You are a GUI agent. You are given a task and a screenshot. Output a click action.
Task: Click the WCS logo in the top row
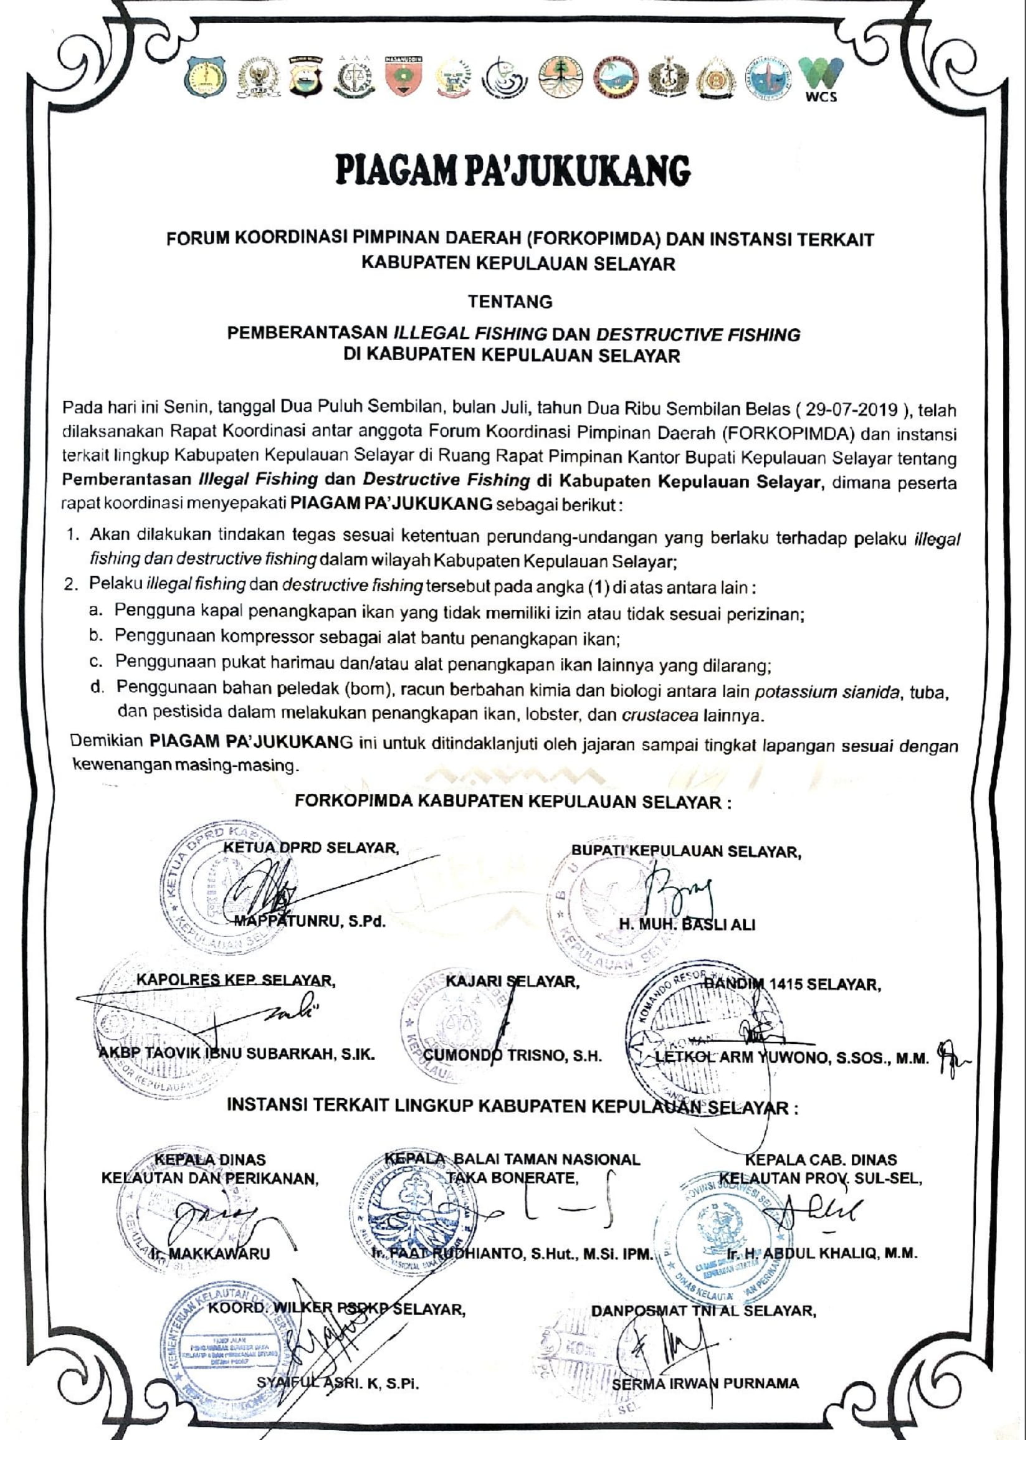pyautogui.click(x=821, y=80)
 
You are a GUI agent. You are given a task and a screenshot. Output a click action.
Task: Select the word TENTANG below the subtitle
pyautogui.click(x=510, y=301)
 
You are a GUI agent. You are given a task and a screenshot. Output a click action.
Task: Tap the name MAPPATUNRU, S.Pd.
pyautogui.click(x=310, y=921)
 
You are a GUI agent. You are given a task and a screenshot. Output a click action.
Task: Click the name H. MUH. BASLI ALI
pyautogui.click(x=687, y=924)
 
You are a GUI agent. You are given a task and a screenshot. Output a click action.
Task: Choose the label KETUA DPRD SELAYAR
pyautogui.click(x=311, y=848)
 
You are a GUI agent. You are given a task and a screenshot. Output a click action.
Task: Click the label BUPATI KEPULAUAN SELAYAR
pyautogui.click(x=686, y=852)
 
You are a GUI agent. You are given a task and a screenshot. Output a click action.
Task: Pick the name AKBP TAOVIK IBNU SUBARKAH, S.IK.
pyautogui.click(x=236, y=1054)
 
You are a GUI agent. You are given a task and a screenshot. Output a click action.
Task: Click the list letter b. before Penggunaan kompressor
pyautogui.click(x=96, y=635)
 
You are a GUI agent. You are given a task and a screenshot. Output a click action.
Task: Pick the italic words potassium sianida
pyautogui.click(x=827, y=691)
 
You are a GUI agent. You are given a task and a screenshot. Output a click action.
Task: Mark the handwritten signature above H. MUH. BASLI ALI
pyautogui.click(x=679, y=886)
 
